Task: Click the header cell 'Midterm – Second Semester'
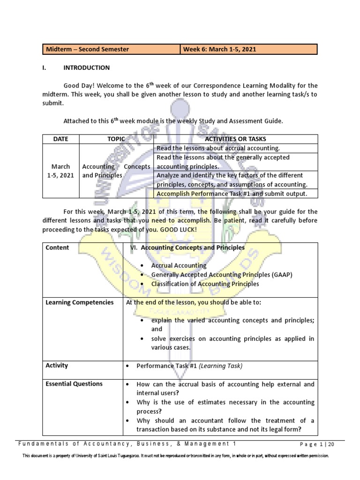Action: click(87, 49)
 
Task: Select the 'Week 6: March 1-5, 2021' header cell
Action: click(220, 49)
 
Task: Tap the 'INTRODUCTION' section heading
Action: click(86, 67)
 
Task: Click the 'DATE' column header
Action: click(60, 139)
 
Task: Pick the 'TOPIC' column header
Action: click(116, 139)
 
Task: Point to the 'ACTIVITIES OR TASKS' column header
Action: click(236, 139)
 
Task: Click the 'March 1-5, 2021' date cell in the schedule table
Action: click(61, 171)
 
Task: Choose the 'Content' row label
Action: click(57, 247)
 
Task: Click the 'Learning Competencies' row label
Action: click(79, 302)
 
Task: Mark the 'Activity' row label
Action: click(57, 365)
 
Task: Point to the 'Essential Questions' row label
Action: click(74, 384)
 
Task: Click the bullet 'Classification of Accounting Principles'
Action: click(205, 284)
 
